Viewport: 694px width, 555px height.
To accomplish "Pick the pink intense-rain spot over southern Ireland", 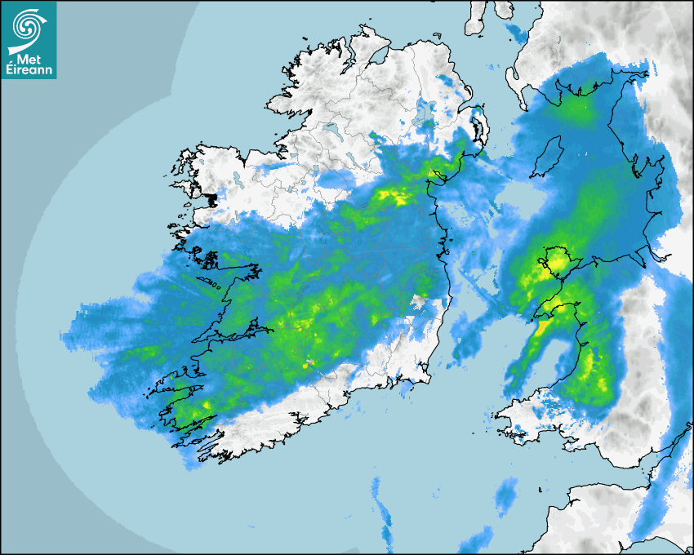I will tap(309, 361).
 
